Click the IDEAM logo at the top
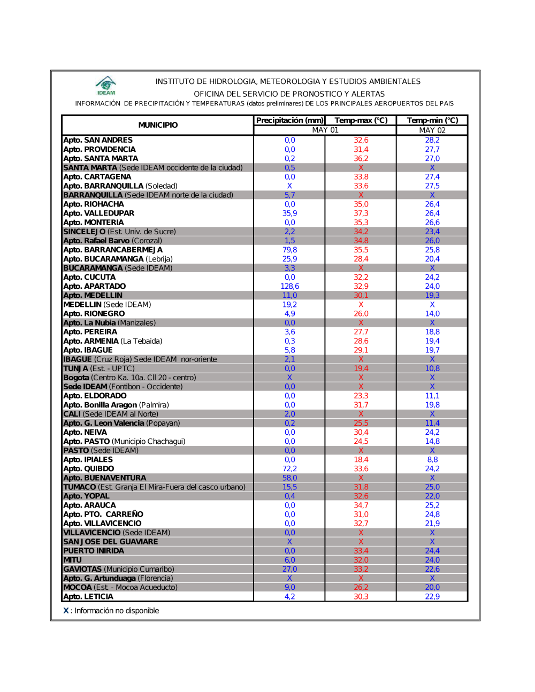pyautogui.click(x=106, y=86)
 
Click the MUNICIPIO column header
pyautogui.click(x=158, y=125)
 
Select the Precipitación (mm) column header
pyautogui.click(x=289, y=120)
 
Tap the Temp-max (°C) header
pyautogui.click(x=361, y=120)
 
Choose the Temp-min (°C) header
pyautogui.click(x=432, y=120)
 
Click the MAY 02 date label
pyautogui.click(x=432, y=130)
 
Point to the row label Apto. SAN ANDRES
pyautogui.click(x=98, y=140)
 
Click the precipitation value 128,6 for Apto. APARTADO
pyautogui.click(x=289, y=286)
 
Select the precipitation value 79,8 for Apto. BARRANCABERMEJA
pyautogui.click(x=289, y=250)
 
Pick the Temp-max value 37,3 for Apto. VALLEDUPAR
pyautogui.click(x=361, y=213)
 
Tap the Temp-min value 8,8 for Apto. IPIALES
pyautogui.click(x=432, y=459)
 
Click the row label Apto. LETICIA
pyautogui.click(x=88, y=596)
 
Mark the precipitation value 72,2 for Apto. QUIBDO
pyautogui.click(x=289, y=468)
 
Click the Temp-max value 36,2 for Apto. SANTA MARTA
pyautogui.click(x=361, y=158)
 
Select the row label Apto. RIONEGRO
pyautogui.click(x=94, y=313)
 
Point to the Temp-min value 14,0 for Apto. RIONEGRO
pyautogui.click(x=432, y=313)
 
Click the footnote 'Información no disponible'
pyautogui.click(x=117, y=611)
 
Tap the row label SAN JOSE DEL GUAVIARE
pyautogui.click(x=111, y=542)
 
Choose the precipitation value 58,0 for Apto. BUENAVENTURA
pyautogui.click(x=289, y=478)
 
